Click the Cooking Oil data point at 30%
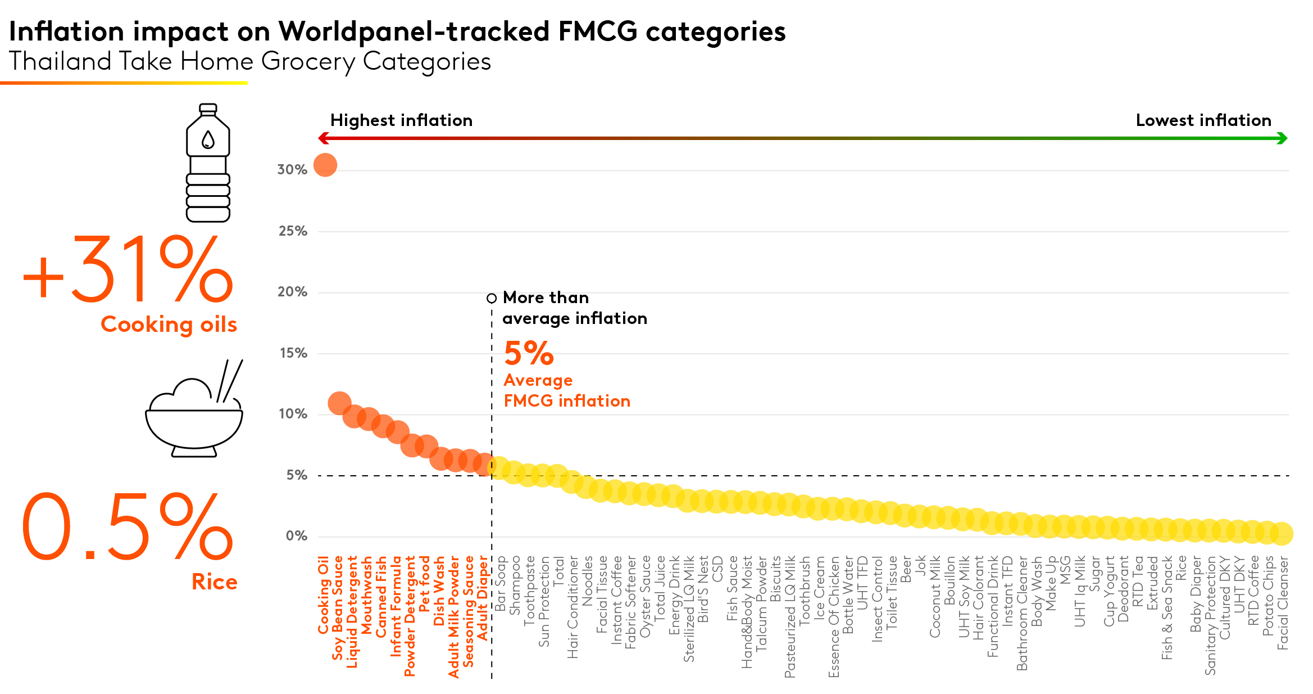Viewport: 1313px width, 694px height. click(x=325, y=165)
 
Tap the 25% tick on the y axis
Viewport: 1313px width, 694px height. click(x=292, y=231)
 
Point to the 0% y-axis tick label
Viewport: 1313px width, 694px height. click(x=296, y=536)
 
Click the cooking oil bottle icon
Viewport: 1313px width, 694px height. click(x=208, y=163)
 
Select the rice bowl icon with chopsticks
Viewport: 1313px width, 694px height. click(x=194, y=411)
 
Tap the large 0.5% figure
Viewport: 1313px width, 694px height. click(x=127, y=527)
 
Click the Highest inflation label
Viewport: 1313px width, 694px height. click(x=401, y=120)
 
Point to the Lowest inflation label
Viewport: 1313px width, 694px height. click(x=1203, y=120)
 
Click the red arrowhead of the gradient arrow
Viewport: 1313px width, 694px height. click(x=322, y=138)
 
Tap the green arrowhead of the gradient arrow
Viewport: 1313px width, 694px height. click(x=1282, y=138)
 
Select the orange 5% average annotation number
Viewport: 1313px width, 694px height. click(x=529, y=353)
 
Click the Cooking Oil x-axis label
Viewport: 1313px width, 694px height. click(x=324, y=595)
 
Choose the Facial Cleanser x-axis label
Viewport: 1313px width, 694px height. click(x=1283, y=603)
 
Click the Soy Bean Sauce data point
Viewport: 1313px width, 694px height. click(x=339, y=403)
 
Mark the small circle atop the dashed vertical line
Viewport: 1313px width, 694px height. click(x=492, y=298)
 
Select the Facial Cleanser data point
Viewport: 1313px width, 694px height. click(x=1282, y=533)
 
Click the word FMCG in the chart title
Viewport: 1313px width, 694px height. click(x=598, y=31)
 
